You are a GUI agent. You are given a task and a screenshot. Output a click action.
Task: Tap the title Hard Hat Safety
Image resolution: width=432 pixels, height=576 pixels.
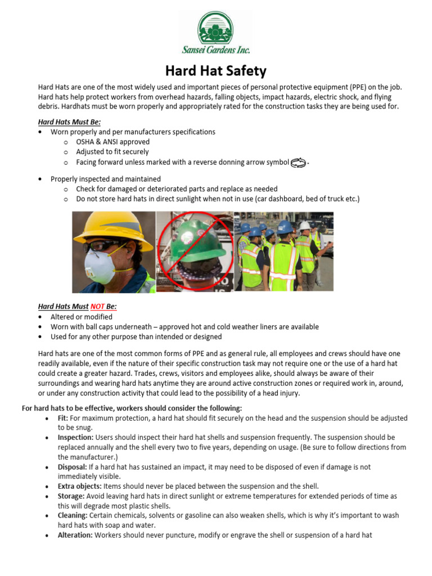pyautogui.click(x=215, y=71)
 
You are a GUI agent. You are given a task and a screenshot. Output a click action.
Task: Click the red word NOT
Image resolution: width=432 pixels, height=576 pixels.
pyautogui.click(x=97, y=307)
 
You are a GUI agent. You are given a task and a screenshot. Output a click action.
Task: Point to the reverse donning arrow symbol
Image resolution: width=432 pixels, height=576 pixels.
pyautogui.click(x=298, y=163)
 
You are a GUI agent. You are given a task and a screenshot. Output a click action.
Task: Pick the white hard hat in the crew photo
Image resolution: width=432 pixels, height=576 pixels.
pyautogui.click(x=304, y=226)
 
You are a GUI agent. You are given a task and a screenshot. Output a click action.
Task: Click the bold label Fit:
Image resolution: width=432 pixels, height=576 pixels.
pyautogui.click(x=63, y=418)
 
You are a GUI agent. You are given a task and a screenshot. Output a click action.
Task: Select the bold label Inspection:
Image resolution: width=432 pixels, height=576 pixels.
pyautogui.click(x=76, y=437)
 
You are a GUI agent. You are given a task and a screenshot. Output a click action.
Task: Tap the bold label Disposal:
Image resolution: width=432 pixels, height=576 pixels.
pyautogui.click(x=72, y=467)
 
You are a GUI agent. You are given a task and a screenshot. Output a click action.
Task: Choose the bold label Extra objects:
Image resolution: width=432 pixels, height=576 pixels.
pyautogui.click(x=79, y=486)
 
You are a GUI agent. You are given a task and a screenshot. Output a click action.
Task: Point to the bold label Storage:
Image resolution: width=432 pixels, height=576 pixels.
pyautogui.click(x=71, y=496)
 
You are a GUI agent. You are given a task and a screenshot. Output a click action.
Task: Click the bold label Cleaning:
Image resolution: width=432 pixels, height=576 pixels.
pyautogui.click(x=73, y=515)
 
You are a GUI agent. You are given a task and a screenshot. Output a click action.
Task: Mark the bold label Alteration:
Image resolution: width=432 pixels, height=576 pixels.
pyautogui.click(x=75, y=535)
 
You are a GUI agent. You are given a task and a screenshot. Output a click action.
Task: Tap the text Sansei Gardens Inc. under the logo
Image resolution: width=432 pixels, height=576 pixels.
pyautogui.click(x=216, y=50)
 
